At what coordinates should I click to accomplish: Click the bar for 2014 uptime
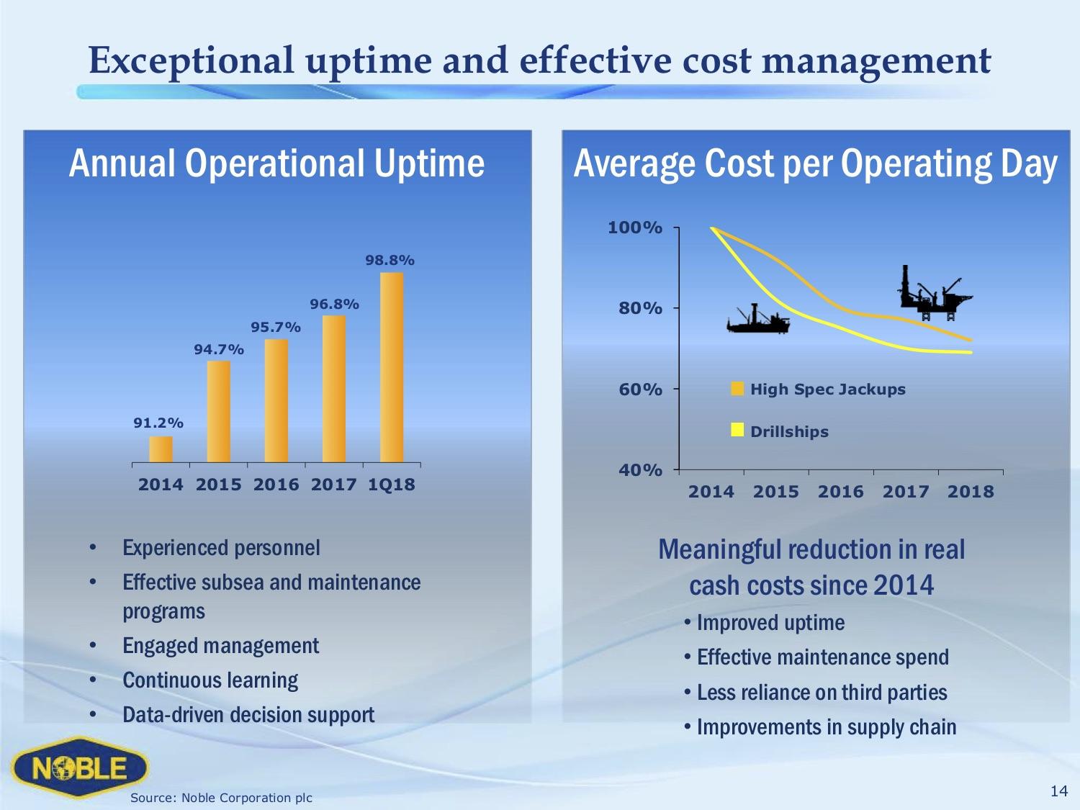[x=161, y=449]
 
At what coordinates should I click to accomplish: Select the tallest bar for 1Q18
[x=392, y=367]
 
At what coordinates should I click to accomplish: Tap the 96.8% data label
[x=334, y=304]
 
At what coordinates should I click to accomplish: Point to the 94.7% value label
[x=219, y=349]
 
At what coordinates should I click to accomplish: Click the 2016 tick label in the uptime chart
[x=276, y=485]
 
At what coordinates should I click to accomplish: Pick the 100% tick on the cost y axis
[x=634, y=228]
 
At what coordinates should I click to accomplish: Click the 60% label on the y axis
[x=640, y=390]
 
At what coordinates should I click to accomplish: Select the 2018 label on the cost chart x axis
[x=970, y=492]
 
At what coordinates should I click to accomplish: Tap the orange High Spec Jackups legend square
[x=737, y=390]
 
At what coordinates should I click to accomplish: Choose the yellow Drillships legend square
[x=737, y=431]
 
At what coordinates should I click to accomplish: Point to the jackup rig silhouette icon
[x=934, y=294]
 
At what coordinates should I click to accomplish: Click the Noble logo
[x=79, y=768]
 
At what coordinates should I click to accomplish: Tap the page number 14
[x=1058, y=791]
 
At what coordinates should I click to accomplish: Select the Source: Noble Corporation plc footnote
[x=221, y=798]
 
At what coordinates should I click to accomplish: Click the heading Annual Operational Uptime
[x=276, y=163]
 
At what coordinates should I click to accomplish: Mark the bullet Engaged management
[x=220, y=646]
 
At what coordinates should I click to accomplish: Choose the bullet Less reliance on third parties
[x=822, y=693]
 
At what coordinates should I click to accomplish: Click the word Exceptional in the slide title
[x=192, y=60]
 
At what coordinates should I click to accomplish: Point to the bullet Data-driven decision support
[x=248, y=715]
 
